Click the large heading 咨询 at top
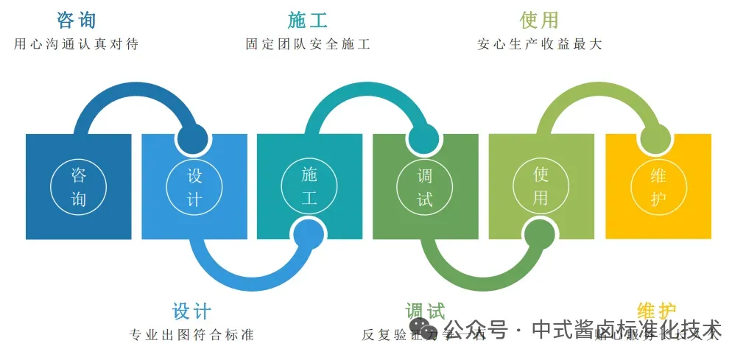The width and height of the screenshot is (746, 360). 77,20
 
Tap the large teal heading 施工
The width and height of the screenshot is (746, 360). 308,20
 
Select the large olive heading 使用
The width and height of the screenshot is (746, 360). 539,20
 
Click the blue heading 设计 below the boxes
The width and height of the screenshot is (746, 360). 191,311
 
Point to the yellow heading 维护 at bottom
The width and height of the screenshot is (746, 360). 656,311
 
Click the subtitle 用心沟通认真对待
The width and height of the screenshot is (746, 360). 77,44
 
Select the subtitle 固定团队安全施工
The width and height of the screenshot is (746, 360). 308,44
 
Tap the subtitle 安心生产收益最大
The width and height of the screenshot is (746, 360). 539,44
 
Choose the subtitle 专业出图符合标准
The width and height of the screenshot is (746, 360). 191,335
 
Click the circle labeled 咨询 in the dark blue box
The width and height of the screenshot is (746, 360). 79,187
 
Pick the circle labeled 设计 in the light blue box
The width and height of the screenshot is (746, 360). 194,187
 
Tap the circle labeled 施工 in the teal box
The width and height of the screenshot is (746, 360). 309,187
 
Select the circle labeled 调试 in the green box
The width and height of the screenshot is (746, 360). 425,187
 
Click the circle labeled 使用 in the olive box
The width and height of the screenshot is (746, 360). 541,187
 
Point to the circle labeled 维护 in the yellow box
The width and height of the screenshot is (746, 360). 658,187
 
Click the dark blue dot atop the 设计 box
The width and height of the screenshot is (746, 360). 192,138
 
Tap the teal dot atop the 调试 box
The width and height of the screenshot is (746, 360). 423,138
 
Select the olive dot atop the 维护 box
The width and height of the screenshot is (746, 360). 655,138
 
